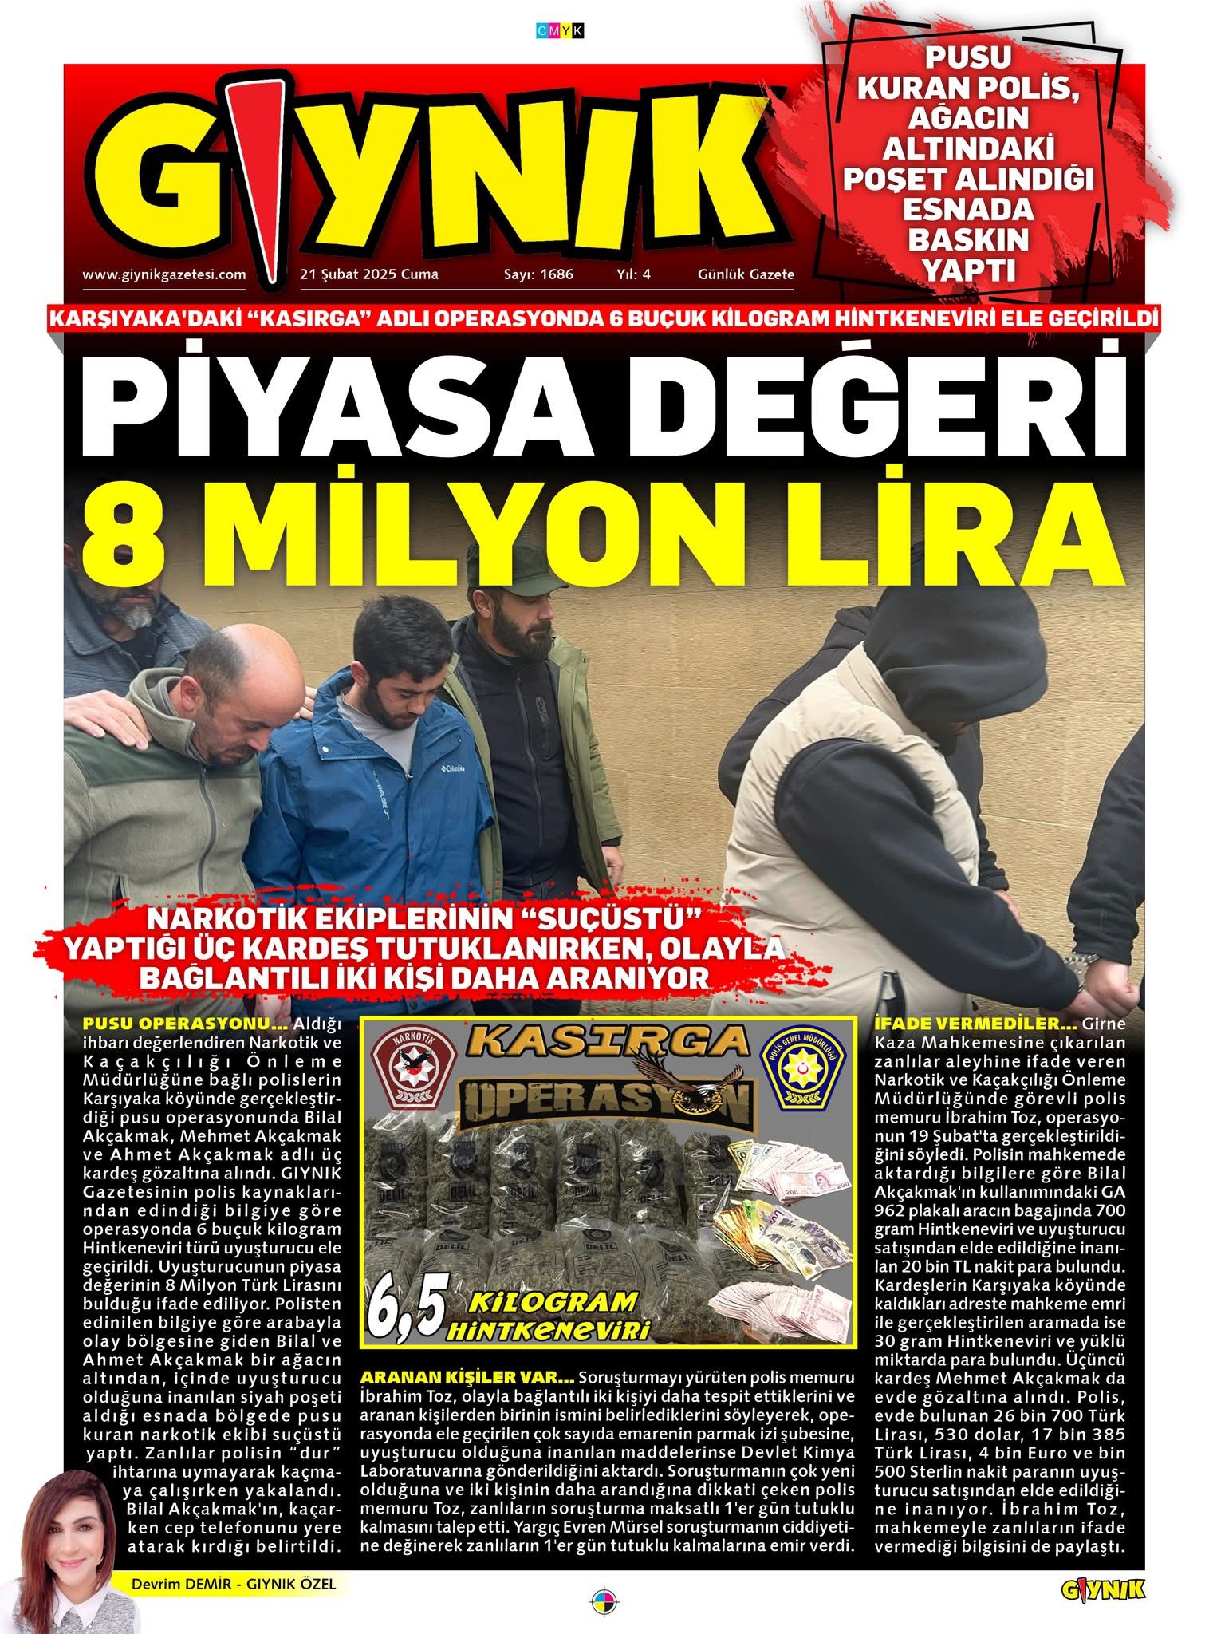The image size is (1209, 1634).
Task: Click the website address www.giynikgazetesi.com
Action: pos(163,274)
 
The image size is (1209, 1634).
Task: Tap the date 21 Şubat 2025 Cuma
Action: pos(369,274)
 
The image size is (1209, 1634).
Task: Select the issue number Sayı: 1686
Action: pos(538,274)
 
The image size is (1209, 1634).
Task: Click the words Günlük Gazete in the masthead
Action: pos(746,274)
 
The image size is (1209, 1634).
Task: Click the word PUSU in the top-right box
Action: pos(968,57)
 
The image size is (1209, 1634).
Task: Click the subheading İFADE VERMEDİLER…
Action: pos(975,1023)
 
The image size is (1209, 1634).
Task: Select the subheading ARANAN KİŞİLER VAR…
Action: pos(467,1378)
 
